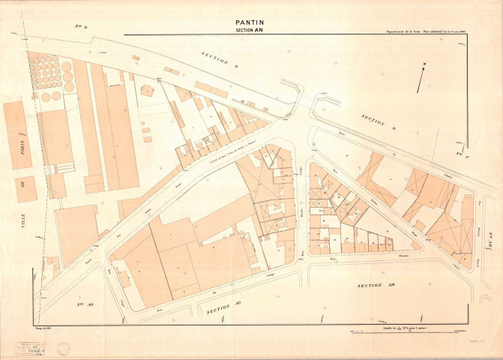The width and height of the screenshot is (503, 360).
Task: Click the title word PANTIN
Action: coord(251,22)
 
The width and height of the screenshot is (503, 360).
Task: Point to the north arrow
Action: coord(424,73)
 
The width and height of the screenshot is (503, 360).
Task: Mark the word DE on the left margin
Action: coord(23,184)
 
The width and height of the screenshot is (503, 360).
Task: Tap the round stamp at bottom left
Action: coord(64,347)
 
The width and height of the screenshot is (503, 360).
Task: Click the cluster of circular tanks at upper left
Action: coord(49,71)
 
